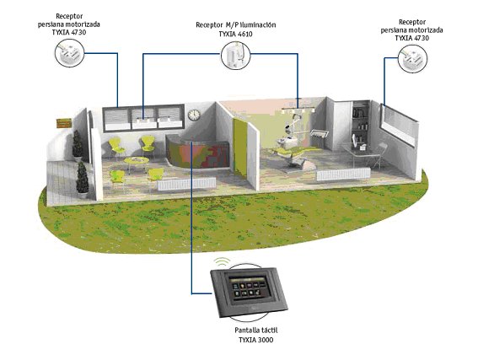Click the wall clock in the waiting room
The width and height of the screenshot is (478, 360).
point(194,115)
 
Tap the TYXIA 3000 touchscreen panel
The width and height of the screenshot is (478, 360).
point(249,292)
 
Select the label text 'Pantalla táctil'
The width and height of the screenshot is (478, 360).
point(256,330)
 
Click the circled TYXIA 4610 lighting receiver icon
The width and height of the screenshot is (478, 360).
point(236,55)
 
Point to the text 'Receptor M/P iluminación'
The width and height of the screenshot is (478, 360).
point(236,24)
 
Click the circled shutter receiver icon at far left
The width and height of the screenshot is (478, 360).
point(69,53)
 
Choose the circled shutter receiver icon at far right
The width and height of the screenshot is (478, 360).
point(413,59)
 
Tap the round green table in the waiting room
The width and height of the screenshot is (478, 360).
point(137,162)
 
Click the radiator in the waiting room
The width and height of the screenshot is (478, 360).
point(186,184)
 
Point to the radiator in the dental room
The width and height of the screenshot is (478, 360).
point(343,175)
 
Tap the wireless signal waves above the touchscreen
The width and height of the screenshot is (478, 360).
point(222,261)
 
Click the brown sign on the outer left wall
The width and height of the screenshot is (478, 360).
point(64,123)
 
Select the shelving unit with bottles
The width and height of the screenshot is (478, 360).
point(360,126)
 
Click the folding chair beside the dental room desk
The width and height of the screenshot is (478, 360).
point(378,155)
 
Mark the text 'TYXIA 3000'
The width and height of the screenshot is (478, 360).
point(255,340)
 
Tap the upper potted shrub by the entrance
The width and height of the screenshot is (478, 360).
point(77,145)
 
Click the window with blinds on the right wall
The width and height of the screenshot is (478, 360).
point(398,125)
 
